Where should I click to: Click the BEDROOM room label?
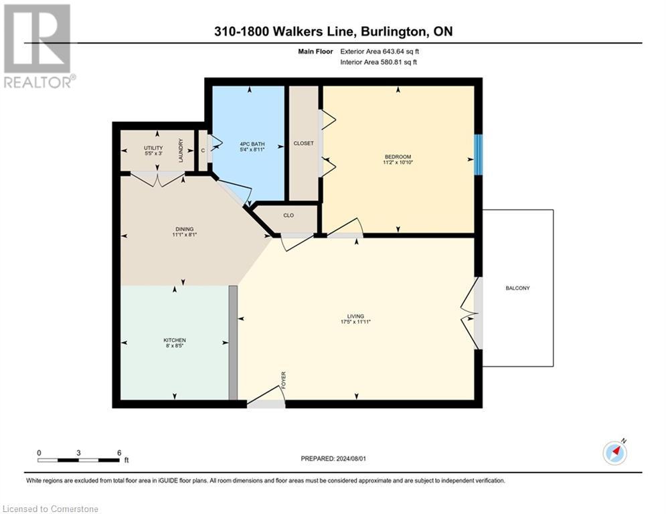[398, 157]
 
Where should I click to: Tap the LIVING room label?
[355, 316]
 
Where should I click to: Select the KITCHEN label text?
[175, 340]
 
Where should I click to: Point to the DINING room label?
[175, 229]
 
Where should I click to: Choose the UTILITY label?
[153, 148]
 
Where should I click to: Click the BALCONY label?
[517, 288]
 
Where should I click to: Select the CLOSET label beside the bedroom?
[303, 143]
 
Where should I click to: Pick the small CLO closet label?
[288, 216]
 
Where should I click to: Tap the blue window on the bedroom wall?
[478, 155]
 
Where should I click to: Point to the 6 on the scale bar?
[119, 452]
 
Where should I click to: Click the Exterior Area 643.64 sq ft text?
[380, 50]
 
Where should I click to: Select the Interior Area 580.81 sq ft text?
[380, 62]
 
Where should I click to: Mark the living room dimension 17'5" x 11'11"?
[355, 322]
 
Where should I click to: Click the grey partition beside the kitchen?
[233, 343]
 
